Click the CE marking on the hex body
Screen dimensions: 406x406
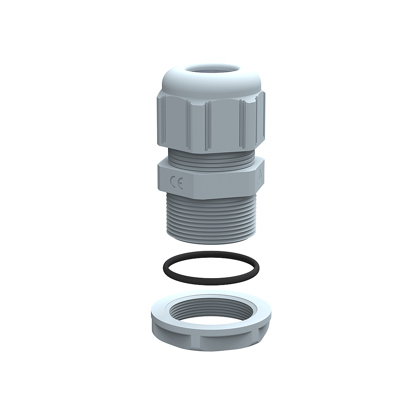tap(177, 184)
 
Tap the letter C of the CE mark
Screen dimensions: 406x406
tap(173, 184)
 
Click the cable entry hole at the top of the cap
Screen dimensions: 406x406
tap(211, 69)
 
